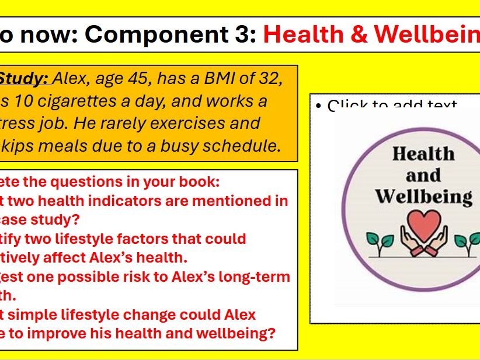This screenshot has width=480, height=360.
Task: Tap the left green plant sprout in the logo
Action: pos(376,240)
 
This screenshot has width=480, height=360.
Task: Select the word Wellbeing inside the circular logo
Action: pos(423,196)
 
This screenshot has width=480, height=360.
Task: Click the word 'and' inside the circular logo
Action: pos(423,175)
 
